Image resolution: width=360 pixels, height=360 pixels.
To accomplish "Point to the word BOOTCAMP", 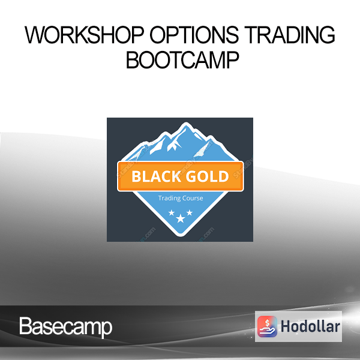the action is tap(182, 59).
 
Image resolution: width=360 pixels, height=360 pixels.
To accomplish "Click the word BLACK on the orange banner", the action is tap(156, 176).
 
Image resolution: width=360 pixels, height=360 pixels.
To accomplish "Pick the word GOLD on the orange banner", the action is tap(207, 176).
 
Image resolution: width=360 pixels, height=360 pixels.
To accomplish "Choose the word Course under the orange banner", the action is tap(191, 198).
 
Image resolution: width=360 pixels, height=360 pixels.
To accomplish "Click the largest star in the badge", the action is tap(181, 218).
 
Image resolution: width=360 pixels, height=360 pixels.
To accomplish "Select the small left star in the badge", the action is tap(172, 213).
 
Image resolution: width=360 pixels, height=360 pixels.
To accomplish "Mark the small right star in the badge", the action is tap(190, 212).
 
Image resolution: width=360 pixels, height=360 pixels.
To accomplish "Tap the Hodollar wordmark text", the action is tap(310, 327).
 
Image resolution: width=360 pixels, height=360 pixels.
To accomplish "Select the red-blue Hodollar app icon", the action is tap(267, 326).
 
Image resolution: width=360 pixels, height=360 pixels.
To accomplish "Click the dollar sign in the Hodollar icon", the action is tap(267, 323).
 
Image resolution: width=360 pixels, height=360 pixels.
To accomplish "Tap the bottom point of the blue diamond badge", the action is tap(181, 236).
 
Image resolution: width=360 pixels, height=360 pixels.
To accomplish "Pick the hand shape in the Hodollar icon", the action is tap(267, 331).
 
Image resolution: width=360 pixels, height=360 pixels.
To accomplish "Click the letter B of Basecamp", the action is tap(25, 326).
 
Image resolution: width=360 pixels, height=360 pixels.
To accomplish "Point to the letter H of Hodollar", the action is tap(286, 326).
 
